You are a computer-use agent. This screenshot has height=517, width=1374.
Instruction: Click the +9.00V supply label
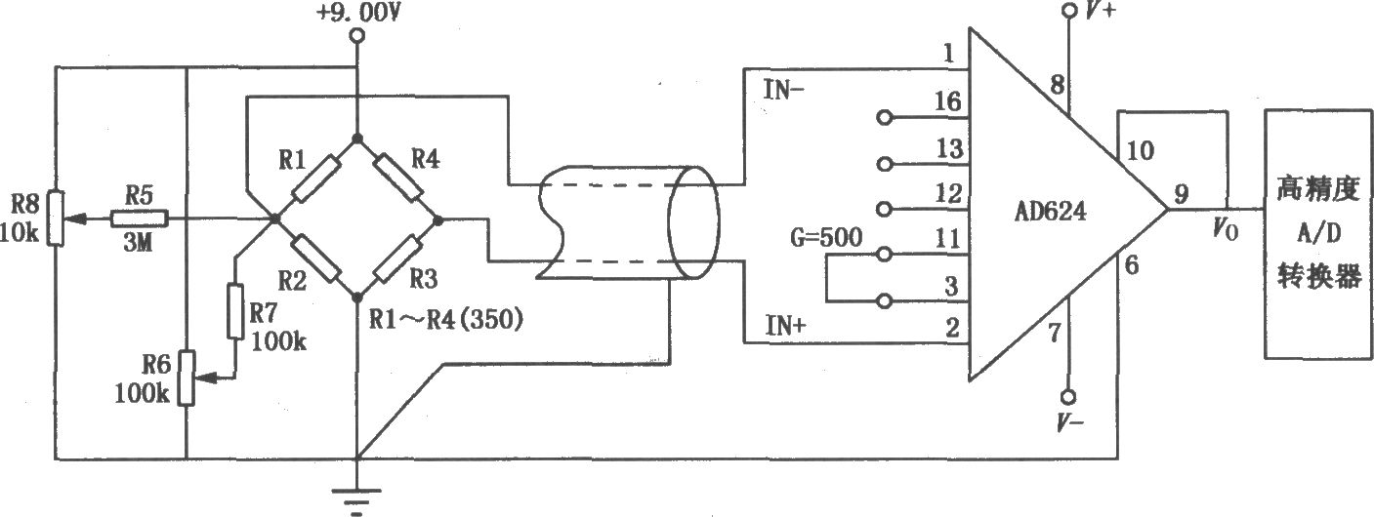[358, 13]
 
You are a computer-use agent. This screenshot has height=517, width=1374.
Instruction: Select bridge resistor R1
[315, 179]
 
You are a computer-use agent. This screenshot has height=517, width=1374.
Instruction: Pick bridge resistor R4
[398, 178]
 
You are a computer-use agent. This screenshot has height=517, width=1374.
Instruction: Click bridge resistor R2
[315, 258]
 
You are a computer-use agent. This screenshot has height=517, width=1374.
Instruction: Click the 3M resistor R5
[140, 219]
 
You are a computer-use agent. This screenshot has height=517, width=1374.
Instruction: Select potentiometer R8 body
[57, 219]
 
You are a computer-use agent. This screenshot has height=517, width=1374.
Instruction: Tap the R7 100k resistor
[235, 311]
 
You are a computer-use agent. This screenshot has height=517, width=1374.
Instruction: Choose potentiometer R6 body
[187, 378]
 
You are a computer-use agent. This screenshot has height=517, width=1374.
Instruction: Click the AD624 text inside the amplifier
[1050, 212]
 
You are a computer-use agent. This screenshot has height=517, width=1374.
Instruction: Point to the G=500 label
[825, 237]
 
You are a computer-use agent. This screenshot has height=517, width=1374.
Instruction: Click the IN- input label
[784, 91]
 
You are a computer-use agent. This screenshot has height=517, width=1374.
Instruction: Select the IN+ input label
[785, 325]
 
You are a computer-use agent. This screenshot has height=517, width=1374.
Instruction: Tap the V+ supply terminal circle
[1069, 12]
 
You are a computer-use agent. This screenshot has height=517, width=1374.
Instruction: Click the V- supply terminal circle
[1068, 397]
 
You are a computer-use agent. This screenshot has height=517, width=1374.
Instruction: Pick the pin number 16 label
[947, 101]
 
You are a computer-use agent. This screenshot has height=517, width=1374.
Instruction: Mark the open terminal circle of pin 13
[884, 164]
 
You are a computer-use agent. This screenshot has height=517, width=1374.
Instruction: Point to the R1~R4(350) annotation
[446, 319]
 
